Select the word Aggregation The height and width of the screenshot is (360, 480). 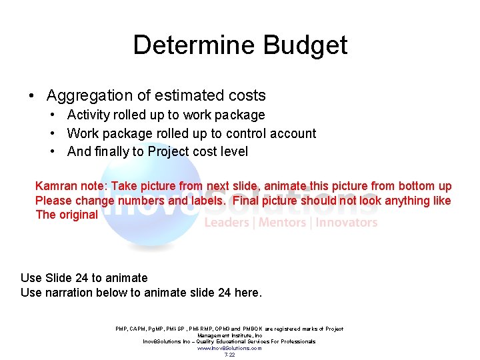point(90,95)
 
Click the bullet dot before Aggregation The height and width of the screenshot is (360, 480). point(32,95)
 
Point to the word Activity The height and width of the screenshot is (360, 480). point(89,115)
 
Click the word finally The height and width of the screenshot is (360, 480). point(112,151)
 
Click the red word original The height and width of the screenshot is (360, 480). point(78,215)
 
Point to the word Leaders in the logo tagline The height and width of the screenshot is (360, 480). point(227,223)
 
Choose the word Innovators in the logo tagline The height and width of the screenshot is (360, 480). point(347,223)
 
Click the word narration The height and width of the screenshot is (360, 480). point(70,292)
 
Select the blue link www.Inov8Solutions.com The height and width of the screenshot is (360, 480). point(230,348)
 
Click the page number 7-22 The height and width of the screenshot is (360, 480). point(230,355)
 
